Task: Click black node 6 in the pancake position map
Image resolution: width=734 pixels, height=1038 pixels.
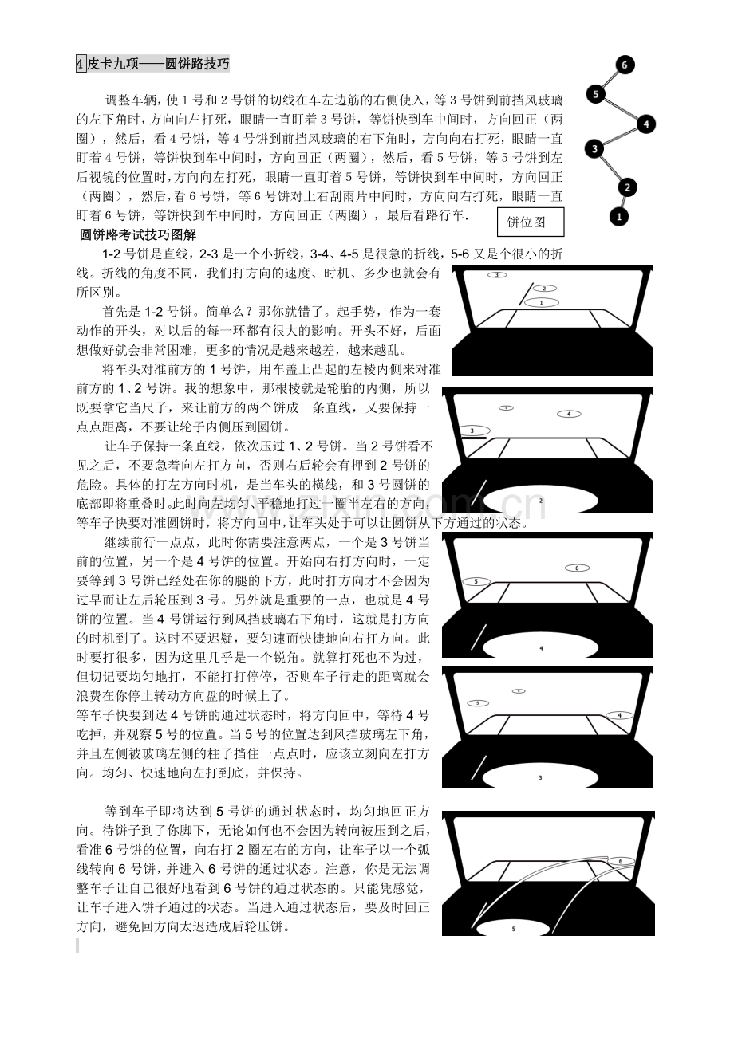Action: coord(624,65)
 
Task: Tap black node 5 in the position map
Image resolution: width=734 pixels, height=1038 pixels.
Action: coord(595,94)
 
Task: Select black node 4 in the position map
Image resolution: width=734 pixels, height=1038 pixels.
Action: coord(646,124)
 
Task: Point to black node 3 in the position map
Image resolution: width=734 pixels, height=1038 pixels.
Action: coord(594,149)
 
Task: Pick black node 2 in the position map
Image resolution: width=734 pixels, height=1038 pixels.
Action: coord(627,187)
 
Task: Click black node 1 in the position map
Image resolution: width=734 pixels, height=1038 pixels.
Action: coord(618,216)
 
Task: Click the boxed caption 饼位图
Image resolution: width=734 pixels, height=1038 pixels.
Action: coord(531,222)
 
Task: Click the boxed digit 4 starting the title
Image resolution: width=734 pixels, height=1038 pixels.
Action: coord(81,64)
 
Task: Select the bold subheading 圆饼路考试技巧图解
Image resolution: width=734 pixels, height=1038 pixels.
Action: coord(138,235)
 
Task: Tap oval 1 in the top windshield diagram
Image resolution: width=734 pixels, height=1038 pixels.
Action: coord(542,303)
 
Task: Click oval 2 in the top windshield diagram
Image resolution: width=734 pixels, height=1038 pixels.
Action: coord(544,289)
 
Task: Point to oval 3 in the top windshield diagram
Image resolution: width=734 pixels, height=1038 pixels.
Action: coord(496,275)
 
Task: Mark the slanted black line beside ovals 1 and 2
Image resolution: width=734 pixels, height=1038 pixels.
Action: coord(526,294)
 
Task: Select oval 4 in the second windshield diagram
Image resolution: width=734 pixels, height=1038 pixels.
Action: coord(569,414)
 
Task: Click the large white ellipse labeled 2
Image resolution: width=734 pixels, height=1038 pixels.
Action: coord(541,501)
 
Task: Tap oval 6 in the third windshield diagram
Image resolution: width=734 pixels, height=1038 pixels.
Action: coord(577,568)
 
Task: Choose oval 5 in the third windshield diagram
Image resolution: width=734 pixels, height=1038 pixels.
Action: coord(476,581)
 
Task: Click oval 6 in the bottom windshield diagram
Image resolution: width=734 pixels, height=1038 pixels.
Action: coord(621,861)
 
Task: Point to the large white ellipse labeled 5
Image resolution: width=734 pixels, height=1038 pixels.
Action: coord(513,928)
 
